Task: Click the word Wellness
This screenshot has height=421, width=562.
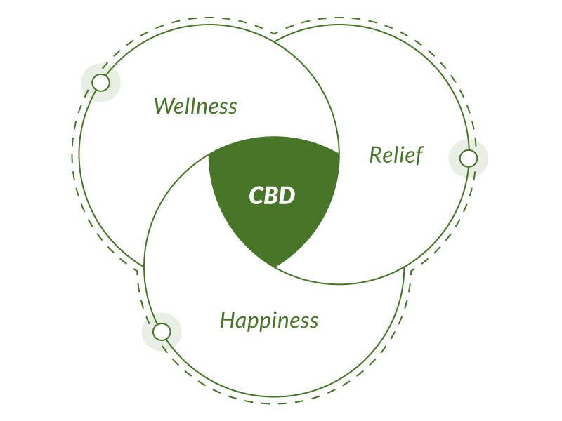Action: point(196,106)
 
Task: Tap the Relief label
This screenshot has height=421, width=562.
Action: point(396,155)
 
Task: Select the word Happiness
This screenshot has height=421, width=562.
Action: point(269,320)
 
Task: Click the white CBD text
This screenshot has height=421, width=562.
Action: point(272,196)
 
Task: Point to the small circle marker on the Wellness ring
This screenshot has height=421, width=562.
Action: point(100,83)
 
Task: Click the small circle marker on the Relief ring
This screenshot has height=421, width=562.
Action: point(469,159)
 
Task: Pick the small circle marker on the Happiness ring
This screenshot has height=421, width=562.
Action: point(162,331)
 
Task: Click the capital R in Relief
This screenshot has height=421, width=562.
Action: point(377,155)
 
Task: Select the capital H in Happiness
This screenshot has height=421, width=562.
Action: point(228,320)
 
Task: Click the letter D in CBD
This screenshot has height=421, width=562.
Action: point(287,196)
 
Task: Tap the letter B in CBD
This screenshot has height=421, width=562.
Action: point(271,196)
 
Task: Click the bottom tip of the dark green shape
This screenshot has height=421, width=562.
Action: point(275,267)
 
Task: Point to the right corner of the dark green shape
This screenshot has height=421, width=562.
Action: point(339,154)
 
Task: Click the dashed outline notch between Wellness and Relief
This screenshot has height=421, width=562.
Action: point(275,33)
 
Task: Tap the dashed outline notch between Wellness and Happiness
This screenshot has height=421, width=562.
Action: point(137,271)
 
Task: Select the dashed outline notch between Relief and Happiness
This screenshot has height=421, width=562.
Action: point(411,271)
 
